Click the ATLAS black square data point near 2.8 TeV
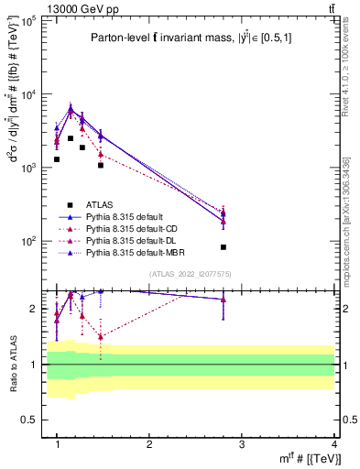coord(223,247)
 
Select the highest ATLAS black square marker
coord(71,138)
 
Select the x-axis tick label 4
coord(334,444)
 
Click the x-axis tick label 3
coord(242,444)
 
